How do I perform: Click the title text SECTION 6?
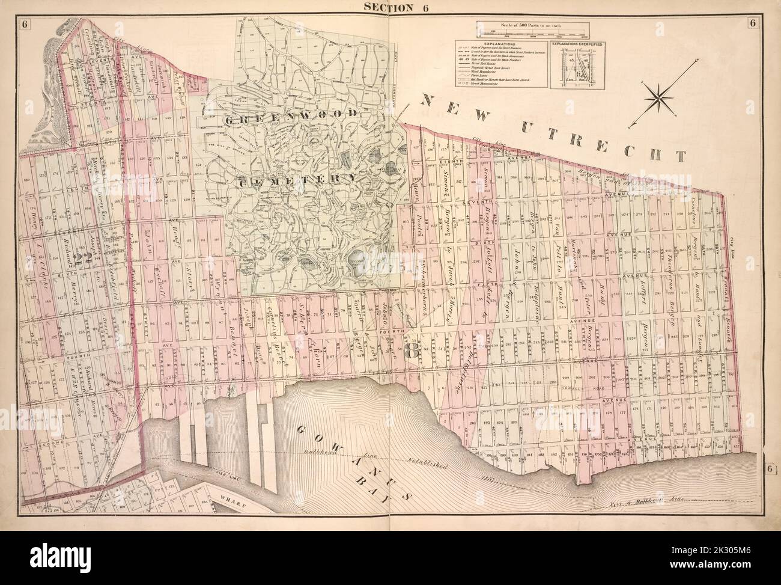(390, 7)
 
